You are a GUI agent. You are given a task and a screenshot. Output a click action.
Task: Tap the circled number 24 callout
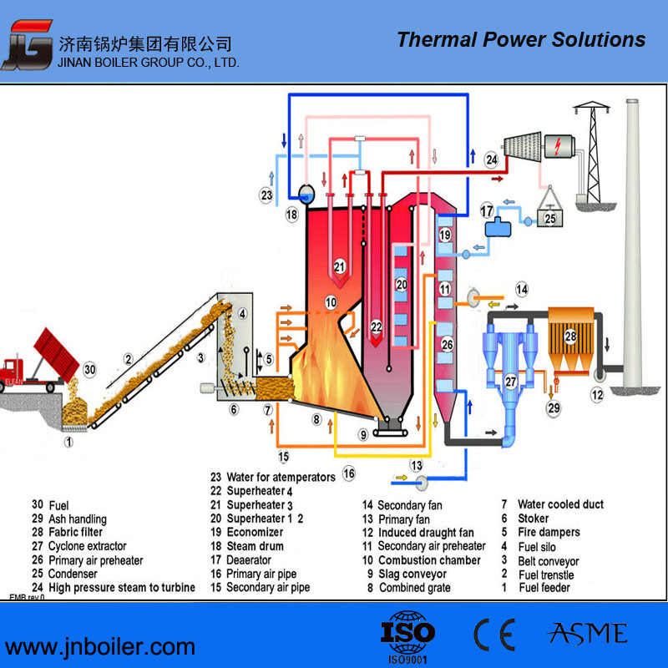tap(491, 159)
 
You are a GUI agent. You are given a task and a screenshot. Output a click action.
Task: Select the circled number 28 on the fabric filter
tap(571, 336)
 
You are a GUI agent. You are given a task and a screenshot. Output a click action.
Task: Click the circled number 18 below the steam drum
tap(291, 215)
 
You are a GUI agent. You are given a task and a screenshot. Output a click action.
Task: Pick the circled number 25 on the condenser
tap(549, 218)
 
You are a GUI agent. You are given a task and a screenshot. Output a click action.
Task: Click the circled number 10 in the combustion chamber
tap(331, 301)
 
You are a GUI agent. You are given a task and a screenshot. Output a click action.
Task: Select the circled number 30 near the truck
tap(90, 369)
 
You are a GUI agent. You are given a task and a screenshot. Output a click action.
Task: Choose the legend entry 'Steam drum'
tap(256, 546)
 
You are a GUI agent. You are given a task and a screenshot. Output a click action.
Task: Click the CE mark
tap(494, 635)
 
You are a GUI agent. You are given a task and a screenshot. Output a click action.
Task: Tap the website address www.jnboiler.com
tap(100, 645)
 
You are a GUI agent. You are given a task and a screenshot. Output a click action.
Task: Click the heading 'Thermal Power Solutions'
tap(521, 39)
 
